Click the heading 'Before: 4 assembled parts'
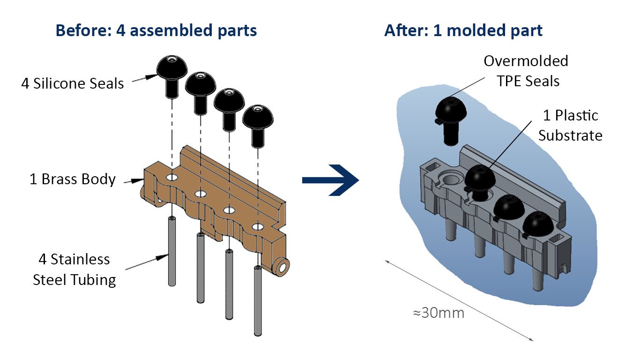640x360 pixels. (x=156, y=31)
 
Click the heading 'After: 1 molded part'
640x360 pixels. (x=463, y=31)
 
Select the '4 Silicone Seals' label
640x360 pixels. (x=73, y=84)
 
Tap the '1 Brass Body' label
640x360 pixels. (x=73, y=179)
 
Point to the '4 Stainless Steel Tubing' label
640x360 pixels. (x=74, y=270)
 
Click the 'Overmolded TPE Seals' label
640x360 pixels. (x=526, y=71)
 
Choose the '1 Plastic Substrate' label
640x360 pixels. (x=570, y=125)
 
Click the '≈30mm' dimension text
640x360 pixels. (x=439, y=313)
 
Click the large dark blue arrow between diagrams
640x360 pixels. (x=331, y=180)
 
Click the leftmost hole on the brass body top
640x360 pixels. (x=172, y=178)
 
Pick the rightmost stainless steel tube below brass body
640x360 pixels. (x=258, y=300)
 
